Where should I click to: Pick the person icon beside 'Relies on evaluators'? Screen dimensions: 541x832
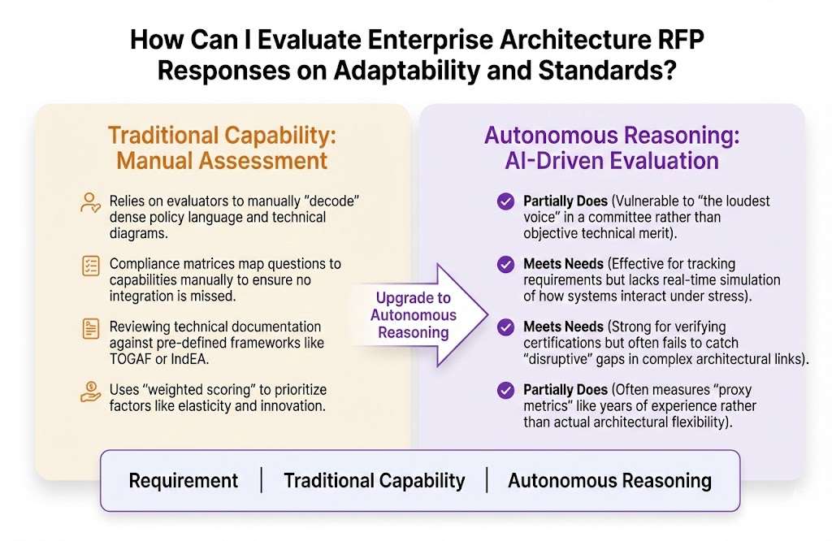tap(90, 202)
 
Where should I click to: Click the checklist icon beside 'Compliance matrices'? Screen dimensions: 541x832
tap(90, 265)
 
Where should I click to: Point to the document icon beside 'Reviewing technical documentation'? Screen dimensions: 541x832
tap(90, 328)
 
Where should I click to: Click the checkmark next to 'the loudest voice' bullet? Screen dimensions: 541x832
tap(505, 201)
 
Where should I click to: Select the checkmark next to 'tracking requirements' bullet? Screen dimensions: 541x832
tap(505, 264)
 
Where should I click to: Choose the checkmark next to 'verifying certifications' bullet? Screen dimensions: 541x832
tap(505, 327)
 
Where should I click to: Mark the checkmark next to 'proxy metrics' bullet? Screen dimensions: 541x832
tap(505, 391)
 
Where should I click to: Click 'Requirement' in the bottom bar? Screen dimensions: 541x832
tap(184, 480)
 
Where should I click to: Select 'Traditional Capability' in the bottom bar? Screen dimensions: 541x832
tap(374, 480)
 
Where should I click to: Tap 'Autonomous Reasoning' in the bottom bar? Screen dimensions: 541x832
tap(609, 480)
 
